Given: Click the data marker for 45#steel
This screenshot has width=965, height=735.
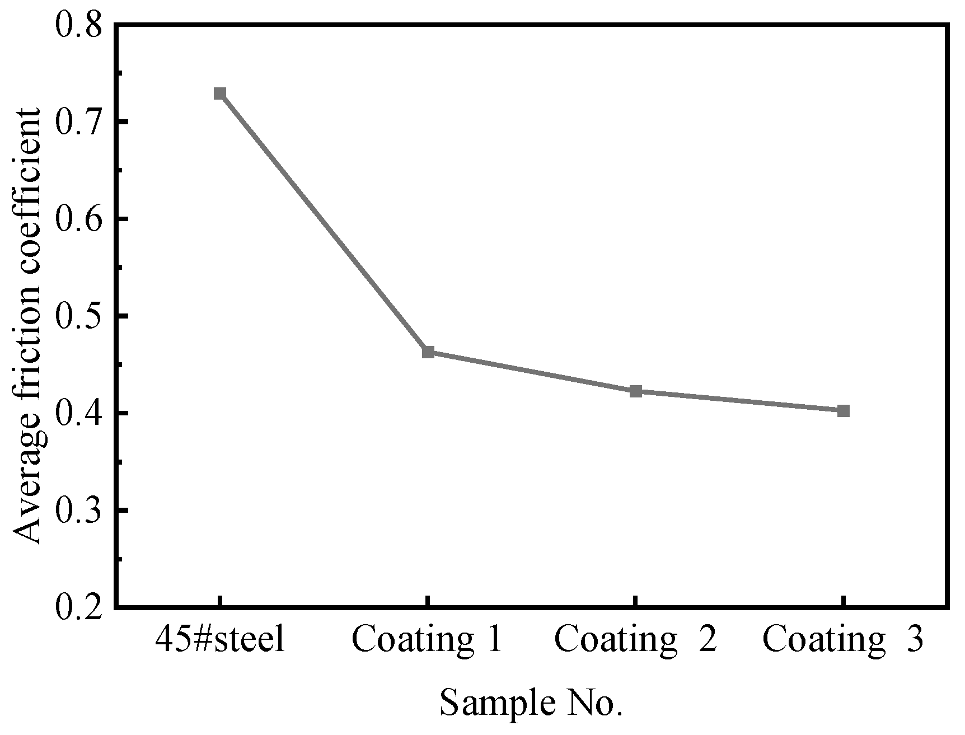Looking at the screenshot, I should [220, 93].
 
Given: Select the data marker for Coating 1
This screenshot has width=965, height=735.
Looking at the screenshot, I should [428, 352].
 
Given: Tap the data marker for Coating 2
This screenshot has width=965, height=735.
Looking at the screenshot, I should [635, 391].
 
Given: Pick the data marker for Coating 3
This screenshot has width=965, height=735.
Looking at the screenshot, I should [844, 411].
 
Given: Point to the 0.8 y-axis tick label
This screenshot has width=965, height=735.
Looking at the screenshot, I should [80, 26].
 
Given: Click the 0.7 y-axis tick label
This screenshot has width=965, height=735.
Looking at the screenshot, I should [80, 123].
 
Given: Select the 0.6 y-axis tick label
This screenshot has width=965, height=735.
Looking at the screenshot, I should [80, 219].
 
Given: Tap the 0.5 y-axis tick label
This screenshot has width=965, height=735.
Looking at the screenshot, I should [80, 317].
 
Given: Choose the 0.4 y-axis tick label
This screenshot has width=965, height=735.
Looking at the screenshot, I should [80, 414].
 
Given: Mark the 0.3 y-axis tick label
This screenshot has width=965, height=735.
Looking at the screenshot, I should [80, 511].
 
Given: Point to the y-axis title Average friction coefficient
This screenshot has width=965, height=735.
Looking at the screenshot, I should [27, 326].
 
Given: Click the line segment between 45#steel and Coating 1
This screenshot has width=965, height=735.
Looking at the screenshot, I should [324, 223].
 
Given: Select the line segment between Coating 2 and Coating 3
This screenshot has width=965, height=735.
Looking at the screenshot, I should [739, 401].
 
